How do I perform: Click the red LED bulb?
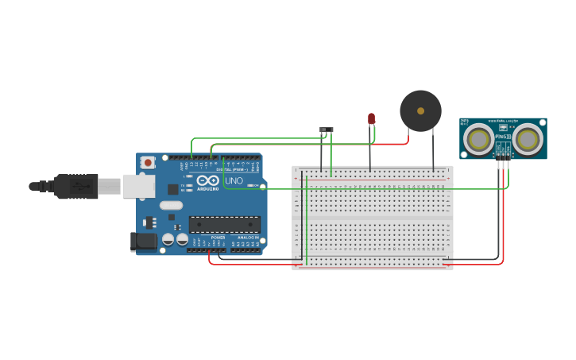(x=371, y=118)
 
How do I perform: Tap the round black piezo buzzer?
(x=420, y=110)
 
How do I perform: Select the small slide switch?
(x=326, y=129)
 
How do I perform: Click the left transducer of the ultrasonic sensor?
(x=478, y=139)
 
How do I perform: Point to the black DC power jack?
(x=144, y=241)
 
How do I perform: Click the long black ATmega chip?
(x=224, y=224)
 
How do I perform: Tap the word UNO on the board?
(x=234, y=180)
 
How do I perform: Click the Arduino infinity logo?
(x=207, y=181)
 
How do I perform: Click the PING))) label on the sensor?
(x=502, y=136)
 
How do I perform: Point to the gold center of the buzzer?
(x=420, y=110)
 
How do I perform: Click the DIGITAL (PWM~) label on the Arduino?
(x=231, y=169)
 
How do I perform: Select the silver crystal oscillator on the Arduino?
(x=170, y=205)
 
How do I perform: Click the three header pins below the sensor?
(x=503, y=164)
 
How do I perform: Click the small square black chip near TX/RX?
(x=172, y=189)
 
